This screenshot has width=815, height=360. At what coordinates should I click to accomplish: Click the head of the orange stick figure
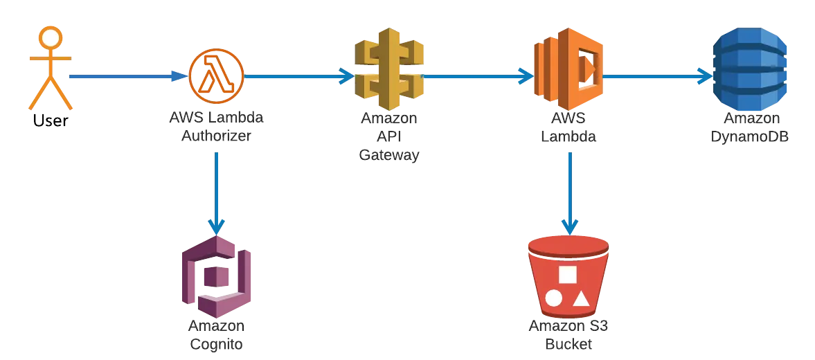51,38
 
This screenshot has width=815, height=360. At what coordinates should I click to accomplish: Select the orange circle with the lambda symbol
216,76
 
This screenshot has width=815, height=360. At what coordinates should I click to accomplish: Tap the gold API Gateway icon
388,69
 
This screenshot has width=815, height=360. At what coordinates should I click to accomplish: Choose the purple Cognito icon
217,278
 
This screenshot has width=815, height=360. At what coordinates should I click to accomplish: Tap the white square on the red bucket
568,274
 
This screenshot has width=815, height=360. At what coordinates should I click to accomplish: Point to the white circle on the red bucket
553,298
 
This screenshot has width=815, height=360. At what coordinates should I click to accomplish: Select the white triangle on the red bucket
581,298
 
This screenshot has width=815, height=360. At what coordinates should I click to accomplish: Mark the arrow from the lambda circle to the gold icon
298,76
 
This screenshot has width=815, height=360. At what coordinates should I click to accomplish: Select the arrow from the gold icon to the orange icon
478,76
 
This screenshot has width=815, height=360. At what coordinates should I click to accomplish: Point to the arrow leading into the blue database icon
658,76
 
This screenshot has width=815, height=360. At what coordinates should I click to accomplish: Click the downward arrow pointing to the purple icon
216,194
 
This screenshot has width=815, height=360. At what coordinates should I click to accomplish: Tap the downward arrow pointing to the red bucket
569,194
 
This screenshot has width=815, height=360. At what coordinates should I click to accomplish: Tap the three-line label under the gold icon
388,136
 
